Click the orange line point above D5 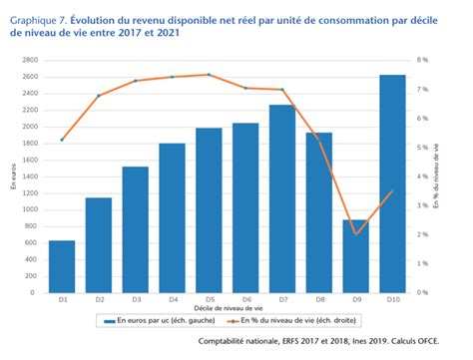[x=210, y=75]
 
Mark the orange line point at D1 [x=62, y=141]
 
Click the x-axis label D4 [x=173, y=299]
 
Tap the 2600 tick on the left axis [x=30, y=77]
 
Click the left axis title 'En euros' [x=13, y=180]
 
